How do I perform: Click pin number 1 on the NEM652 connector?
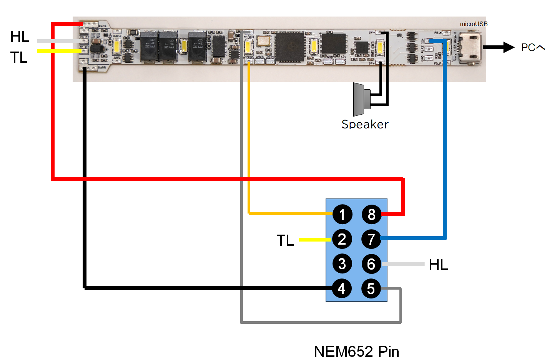click(x=342, y=215)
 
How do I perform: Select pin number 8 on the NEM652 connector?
click(x=371, y=215)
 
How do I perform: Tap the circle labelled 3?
click(x=342, y=264)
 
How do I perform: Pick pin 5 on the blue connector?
click(x=371, y=288)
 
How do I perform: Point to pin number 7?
click(x=371, y=239)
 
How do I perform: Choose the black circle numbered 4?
click(x=342, y=288)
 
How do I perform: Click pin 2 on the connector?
click(x=342, y=239)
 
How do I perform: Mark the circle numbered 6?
click(x=371, y=264)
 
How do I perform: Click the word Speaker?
click(x=365, y=124)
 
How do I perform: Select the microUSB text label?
click(x=474, y=24)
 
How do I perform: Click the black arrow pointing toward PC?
click(x=499, y=47)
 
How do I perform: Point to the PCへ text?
click(x=533, y=48)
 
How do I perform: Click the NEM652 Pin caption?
click(x=356, y=351)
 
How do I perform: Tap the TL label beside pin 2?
click(x=285, y=240)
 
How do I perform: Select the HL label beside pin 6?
click(x=438, y=265)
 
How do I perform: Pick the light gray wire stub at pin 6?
click(x=403, y=264)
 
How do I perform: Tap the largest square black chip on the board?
click(x=290, y=47)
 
